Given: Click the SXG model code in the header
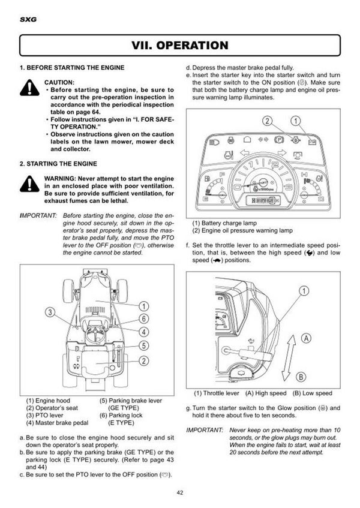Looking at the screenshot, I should (x=27, y=19).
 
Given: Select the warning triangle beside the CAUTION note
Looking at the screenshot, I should (x=29, y=89).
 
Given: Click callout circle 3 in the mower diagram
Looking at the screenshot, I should (x=51, y=312).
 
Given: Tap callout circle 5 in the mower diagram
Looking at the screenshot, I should (x=145, y=345).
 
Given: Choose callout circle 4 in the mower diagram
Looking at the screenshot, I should (x=145, y=331).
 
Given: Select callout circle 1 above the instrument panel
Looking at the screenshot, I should (x=296, y=121).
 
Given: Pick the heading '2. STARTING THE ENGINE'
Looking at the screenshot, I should (x=58, y=163).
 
